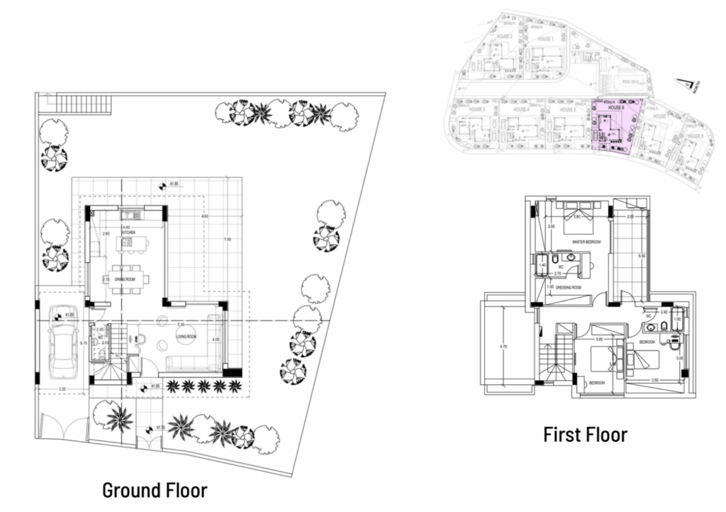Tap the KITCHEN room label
[128, 233]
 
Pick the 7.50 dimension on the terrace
[227, 240]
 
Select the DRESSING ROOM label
[569, 287]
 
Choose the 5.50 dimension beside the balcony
[640, 256]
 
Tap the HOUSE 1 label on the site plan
[544, 38]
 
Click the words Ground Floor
[155, 489]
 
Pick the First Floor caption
[585, 434]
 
